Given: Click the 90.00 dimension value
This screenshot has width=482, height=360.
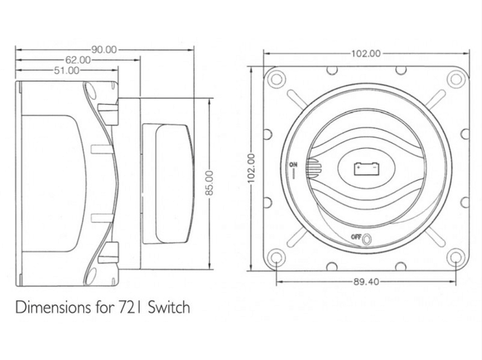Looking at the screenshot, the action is (x=104, y=49).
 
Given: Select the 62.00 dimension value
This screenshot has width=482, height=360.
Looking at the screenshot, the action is (x=78, y=60).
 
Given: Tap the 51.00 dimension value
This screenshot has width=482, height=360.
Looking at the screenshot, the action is (x=66, y=71).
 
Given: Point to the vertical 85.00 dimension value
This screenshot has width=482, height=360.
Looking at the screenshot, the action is (x=209, y=183).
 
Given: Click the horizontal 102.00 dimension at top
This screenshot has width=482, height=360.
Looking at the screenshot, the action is (x=366, y=54).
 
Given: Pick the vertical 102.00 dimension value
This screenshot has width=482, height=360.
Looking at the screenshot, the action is (x=252, y=168).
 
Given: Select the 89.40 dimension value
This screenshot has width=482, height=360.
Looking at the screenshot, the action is (x=366, y=282).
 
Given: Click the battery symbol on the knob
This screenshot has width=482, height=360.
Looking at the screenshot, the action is (x=366, y=169).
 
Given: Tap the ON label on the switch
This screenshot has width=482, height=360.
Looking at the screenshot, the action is (x=293, y=165).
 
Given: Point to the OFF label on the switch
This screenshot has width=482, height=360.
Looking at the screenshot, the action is (x=356, y=237).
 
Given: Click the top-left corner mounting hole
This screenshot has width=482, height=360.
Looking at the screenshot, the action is (x=277, y=80).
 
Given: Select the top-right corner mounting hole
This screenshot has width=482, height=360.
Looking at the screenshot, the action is (x=456, y=80).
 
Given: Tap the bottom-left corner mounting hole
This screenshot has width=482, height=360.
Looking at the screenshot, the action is (x=277, y=257).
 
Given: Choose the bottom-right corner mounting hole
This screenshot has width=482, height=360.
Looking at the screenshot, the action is (x=456, y=257).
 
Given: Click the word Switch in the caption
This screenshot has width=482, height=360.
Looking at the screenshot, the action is (x=169, y=307).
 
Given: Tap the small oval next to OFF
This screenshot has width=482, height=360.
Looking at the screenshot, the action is (x=367, y=239).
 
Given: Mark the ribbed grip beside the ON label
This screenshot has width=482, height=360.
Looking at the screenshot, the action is (x=313, y=169).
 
